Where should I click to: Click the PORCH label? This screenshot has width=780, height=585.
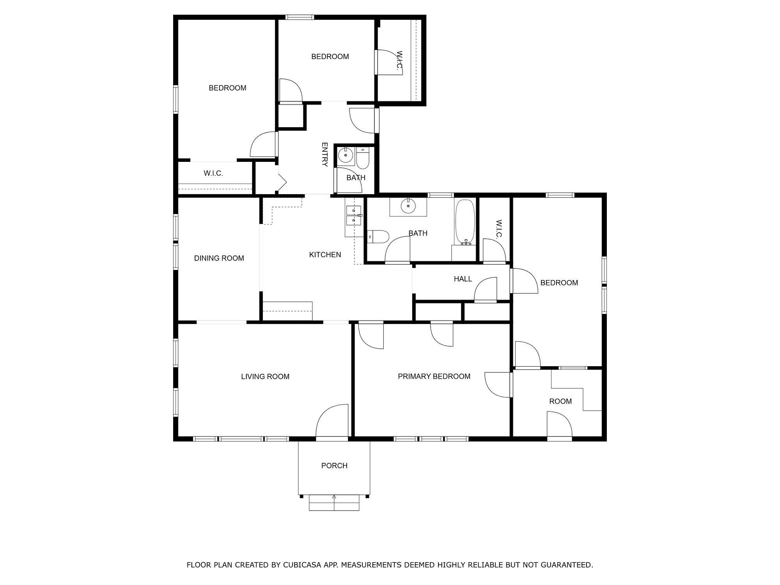click(334, 466)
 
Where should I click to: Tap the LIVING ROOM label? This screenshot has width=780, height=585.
click(265, 377)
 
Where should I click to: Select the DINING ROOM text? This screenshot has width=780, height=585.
click(219, 258)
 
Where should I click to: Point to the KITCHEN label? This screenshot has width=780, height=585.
click(325, 255)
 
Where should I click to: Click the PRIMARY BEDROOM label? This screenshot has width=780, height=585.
click(434, 376)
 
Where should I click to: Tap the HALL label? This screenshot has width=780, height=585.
click(463, 279)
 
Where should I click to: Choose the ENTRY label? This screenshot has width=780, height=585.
click(324, 154)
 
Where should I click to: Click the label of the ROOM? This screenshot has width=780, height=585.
click(560, 401)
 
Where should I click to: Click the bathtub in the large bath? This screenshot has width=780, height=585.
click(465, 222)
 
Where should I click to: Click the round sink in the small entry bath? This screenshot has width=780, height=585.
click(346, 155)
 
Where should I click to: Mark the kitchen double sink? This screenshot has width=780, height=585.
click(354, 216)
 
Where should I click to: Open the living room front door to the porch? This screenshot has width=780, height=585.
click(332, 421)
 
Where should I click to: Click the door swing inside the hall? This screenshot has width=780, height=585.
click(486, 290)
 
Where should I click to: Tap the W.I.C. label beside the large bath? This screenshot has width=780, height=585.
click(499, 229)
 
